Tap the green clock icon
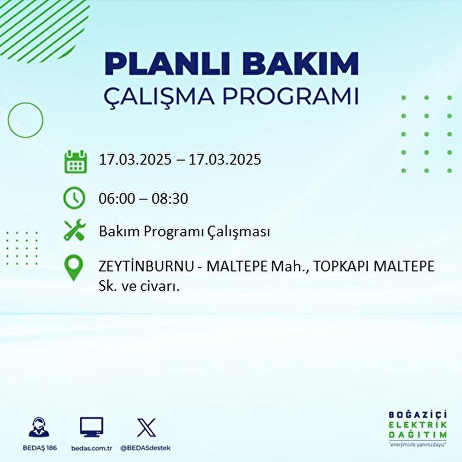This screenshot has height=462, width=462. point(74,198)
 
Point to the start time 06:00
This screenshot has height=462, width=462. point(117,199)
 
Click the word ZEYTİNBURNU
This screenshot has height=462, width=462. point(146,266)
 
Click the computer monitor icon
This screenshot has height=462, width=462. point(91,428)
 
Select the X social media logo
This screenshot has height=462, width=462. point(146,427)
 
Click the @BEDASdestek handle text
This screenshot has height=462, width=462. point(146,448)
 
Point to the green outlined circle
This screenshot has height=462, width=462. point(25,120)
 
